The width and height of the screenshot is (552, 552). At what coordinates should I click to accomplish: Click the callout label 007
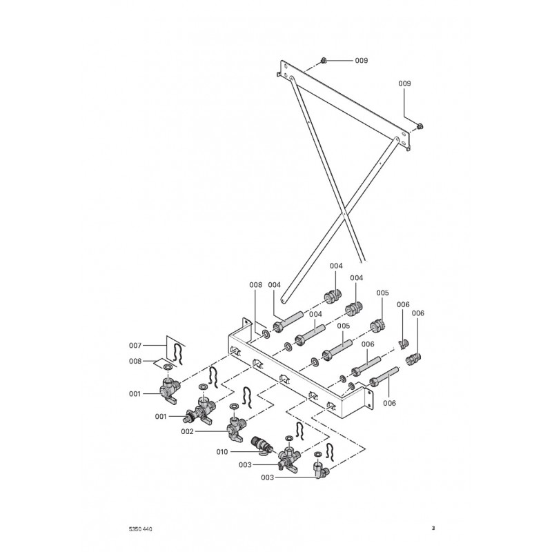(x=135, y=345)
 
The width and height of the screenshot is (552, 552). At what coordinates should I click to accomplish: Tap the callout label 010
(x=221, y=452)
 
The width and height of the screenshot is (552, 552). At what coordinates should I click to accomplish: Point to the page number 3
(x=433, y=529)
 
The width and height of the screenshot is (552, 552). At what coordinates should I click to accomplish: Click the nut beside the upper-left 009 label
(x=323, y=61)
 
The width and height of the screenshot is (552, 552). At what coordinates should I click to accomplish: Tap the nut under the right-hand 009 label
(x=420, y=126)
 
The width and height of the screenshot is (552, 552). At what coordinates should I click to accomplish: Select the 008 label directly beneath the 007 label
(x=135, y=361)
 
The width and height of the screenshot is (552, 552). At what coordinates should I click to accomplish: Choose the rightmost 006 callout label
(x=419, y=313)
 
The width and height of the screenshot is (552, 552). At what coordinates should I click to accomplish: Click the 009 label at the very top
(x=362, y=61)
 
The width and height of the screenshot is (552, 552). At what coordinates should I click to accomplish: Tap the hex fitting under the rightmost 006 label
(x=413, y=357)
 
